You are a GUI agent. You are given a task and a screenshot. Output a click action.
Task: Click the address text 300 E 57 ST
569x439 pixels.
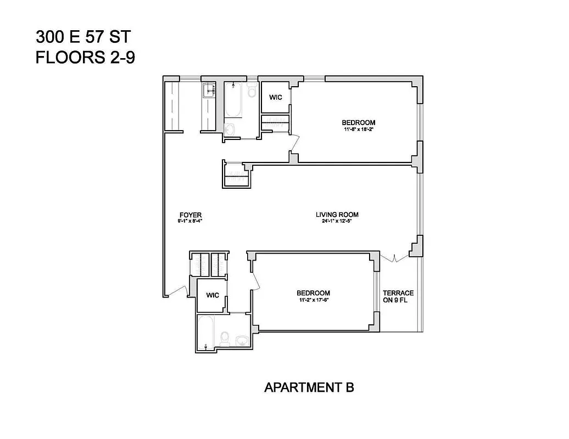click(x=84, y=37)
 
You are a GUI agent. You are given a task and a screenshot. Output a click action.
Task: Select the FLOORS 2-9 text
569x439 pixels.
click(x=85, y=58)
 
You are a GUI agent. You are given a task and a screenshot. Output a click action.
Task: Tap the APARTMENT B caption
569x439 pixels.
click(x=309, y=387)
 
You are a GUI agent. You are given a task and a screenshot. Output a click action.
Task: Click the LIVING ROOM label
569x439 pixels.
click(x=337, y=215)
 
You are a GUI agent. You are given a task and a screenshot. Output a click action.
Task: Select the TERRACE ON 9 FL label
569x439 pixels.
click(x=398, y=296)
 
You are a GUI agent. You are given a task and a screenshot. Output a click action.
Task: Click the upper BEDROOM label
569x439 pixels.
click(x=358, y=122)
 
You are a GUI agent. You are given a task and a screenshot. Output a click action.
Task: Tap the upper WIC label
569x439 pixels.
click(x=275, y=97)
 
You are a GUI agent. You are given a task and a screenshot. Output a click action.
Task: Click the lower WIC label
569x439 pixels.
click(x=213, y=295)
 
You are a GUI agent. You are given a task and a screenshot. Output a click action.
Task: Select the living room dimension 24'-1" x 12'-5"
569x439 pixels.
click(x=337, y=222)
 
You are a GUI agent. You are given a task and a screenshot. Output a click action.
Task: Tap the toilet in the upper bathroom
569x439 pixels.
click(x=252, y=91)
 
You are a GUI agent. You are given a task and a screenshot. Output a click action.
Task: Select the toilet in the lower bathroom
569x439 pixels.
click(x=224, y=336)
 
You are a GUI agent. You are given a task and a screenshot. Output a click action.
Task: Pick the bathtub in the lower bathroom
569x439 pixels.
click(x=207, y=331)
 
